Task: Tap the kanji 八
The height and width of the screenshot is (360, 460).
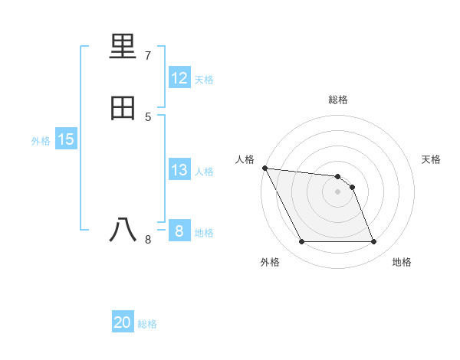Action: [x=123, y=230]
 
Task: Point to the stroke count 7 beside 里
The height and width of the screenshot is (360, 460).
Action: [x=148, y=55]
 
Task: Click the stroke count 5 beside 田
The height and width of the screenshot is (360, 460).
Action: [x=148, y=116]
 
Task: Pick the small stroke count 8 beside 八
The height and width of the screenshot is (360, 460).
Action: [x=148, y=240]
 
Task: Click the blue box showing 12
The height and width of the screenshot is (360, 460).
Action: [x=179, y=78]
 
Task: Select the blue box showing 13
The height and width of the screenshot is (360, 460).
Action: [x=179, y=170]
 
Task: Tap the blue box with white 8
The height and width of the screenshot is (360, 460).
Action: [x=179, y=231]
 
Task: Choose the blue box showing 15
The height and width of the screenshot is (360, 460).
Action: [x=66, y=139]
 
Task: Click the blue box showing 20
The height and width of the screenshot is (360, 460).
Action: [x=123, y=322]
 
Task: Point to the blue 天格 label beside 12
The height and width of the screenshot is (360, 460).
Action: [x=204, y=80]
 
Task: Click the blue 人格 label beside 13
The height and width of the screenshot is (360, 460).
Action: [x=204, y=172]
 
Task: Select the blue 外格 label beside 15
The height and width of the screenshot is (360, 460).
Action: [x=41, y=141]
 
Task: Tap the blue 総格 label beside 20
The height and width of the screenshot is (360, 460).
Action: [x=147, y=324]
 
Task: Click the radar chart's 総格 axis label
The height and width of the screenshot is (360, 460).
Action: [x=338, y=100]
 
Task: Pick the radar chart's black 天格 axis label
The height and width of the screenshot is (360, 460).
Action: [x=432, y=159]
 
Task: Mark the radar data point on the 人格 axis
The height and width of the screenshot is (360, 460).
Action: [x=264, y=168]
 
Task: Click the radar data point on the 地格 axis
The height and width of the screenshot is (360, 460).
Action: [x=374, y=242]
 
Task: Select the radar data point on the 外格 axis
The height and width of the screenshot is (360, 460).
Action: [x=301, y=242]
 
